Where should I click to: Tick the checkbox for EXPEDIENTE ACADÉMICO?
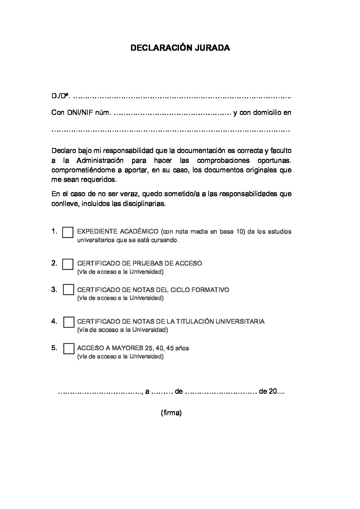click(68, 233)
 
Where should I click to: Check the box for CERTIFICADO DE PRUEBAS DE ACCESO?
click(68, 264)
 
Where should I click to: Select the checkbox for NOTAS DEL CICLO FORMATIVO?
click(68, 290)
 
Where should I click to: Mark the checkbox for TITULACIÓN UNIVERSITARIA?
click(69, 322)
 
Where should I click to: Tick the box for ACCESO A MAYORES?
click(69, 349)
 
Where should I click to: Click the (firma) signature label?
click(171, 413)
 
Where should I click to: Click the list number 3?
click(54, 290)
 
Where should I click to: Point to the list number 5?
click(54, 348)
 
